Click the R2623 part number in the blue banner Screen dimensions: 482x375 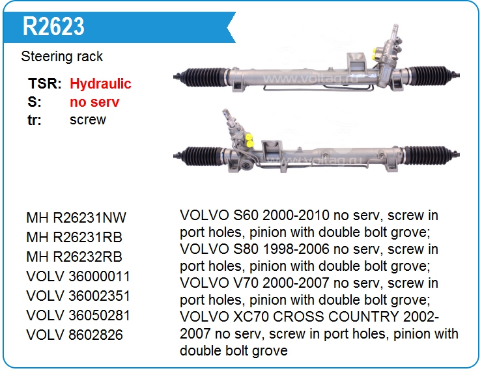click(53, 27)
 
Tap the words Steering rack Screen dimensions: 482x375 click(62, 57)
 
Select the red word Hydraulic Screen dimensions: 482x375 click(100, 84)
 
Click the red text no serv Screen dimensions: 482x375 click(94, 102)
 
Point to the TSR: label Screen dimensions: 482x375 click(45, 83)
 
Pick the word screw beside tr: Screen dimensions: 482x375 click(88, 120)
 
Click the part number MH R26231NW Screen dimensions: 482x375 click(76, 218)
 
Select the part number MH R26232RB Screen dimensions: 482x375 click(74, 257)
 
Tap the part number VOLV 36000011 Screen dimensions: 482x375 click(78, 276)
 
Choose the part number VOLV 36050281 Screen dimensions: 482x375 click(78, 315)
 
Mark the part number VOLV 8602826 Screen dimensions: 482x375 click(75, 335)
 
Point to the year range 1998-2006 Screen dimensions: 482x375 click(296, 249)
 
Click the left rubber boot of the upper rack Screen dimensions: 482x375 click(203, 77)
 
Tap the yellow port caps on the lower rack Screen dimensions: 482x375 click(249, 140)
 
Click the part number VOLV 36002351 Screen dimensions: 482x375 click(78, 296)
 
